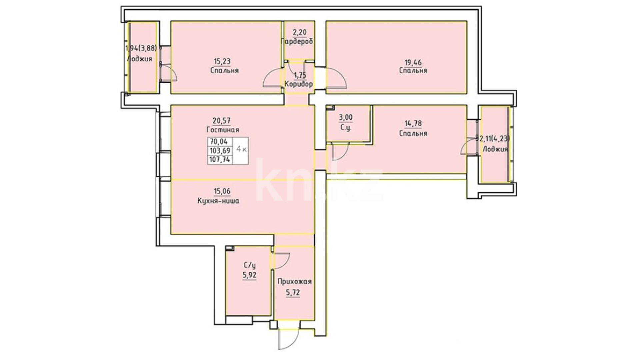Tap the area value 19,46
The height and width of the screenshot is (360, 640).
tap(413, 61)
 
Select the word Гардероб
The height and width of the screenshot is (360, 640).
tap(297, 42)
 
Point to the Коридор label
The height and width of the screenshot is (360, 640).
tap(299, 84)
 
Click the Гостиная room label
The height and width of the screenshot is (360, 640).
tap(223, 130)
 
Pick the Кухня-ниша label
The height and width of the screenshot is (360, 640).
tap(218, 201)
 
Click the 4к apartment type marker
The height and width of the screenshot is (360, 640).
tap(241, 149)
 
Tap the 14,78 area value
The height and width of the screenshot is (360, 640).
tap(413, 123)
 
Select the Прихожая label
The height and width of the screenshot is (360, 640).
tap(295, 282)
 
